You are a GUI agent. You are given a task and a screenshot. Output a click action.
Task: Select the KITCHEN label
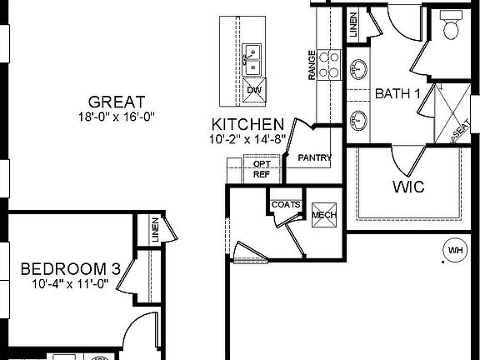(247, 125)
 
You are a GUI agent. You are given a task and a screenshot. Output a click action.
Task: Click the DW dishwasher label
(253, 90)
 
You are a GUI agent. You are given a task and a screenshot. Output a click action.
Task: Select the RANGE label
(312, 65)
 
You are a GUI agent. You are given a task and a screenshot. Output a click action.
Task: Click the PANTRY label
(315, 157)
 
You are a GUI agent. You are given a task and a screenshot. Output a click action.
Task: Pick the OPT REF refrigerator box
(261, 169)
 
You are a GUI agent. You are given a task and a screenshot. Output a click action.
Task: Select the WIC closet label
(407, 187)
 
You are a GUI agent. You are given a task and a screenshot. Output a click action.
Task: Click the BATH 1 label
(397, 94)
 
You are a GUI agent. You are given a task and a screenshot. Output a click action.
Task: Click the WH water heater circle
(455, 249)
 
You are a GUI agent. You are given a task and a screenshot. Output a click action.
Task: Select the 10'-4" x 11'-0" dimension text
(71, 284)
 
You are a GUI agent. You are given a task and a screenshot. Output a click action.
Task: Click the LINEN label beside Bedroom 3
(154, 231)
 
